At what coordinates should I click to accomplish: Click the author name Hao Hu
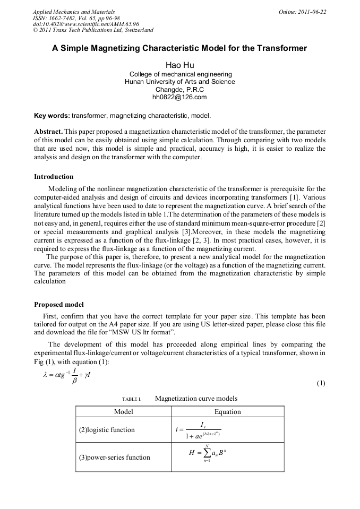click(x=179, y=65)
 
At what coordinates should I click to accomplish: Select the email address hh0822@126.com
click(x=179, y=97)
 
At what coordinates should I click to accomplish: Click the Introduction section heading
click(x=54, y=177)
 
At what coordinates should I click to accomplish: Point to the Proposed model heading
click(x=58, y=305)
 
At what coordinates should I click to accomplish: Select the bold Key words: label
click(x=52, y=115)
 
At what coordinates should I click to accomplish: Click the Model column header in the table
click(x=124, y=412)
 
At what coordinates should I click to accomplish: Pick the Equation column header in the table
click(x=227, y=412)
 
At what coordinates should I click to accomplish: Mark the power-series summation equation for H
click(x=208, y=455)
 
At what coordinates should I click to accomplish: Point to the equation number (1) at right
click(x=321, y=383)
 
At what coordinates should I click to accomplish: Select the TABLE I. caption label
click(x=131, y=399)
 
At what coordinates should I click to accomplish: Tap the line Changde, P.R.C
click(x=179, y=90)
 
